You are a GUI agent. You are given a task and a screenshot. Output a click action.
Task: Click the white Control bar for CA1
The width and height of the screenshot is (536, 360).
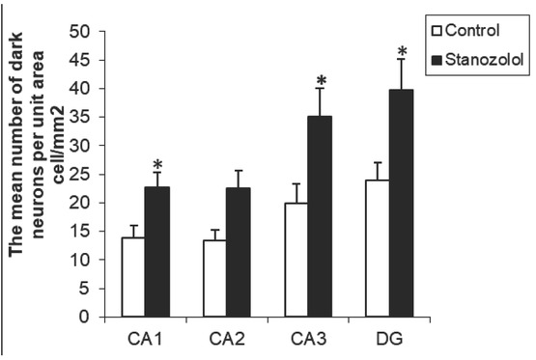(x=133, y=277)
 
